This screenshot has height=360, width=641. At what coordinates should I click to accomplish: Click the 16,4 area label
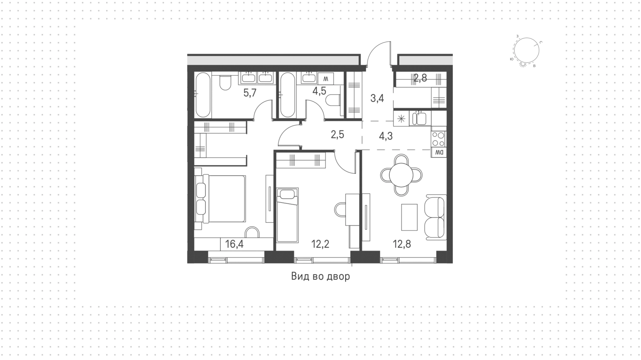[234, 244]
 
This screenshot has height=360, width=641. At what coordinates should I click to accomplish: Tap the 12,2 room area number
[320, 244]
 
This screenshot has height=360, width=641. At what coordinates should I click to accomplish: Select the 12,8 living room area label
[402, 244]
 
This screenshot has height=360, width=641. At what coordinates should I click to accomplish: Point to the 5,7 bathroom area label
[250, 93]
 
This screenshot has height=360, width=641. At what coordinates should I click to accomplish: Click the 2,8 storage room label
[420, 78]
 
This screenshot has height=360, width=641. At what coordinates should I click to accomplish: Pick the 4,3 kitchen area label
[386, 136]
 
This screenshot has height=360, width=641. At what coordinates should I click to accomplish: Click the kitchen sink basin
[419, 119]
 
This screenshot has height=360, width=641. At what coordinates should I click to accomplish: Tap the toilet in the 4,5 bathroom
[333, 100]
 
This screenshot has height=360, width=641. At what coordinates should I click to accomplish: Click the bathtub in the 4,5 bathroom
[287, 95]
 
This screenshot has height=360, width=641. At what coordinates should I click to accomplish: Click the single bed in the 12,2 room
[287, 215]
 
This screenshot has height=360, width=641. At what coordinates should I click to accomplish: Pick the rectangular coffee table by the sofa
[409, 217]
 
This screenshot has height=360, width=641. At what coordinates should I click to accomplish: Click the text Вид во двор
[320, 277]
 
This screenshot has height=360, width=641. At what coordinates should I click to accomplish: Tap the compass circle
[527, 50]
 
